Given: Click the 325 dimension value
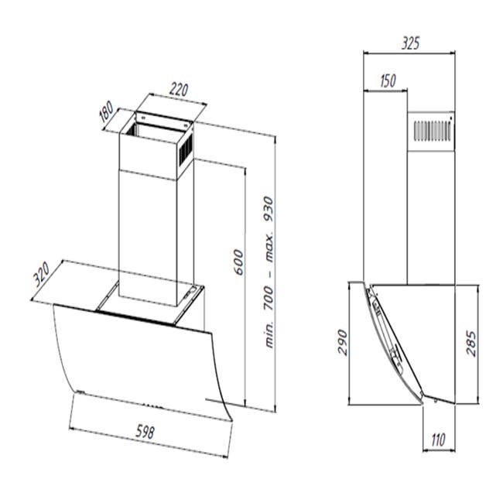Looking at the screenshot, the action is click(410, 43).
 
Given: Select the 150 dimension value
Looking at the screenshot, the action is click(388, 80).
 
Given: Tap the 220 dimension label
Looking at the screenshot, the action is click(179, 90).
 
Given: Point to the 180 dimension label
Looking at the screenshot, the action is click(106, 111).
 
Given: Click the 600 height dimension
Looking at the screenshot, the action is click(238, 262).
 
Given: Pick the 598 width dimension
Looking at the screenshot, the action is click(145, 432).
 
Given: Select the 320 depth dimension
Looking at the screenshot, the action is click(42, 275).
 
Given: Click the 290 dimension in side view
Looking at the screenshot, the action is click(343, 342).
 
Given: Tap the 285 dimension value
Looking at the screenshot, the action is click(471, 344).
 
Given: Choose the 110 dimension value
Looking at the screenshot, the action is click(438, 440).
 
